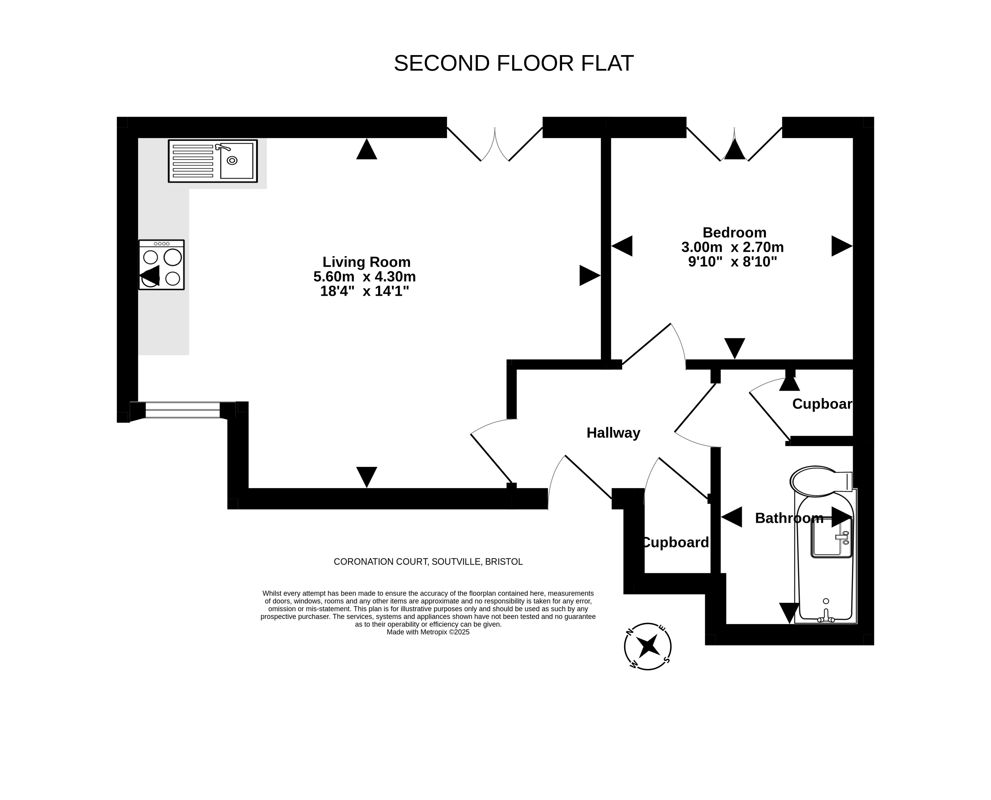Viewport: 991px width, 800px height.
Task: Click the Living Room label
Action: coord(366,262)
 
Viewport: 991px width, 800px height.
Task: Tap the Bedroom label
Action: coord(734,232)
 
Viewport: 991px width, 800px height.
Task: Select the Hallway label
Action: coord(613,433)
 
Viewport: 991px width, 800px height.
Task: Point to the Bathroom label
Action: coord(789,518)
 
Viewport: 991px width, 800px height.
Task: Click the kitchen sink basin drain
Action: coord(232,161)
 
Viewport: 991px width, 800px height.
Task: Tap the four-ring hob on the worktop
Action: coord(161,265)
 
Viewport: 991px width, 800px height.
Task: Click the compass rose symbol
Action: coord(647,646)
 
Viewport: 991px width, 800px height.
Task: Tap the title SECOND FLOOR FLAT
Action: coord(514,63)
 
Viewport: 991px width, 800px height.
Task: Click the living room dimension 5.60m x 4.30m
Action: coord(365,276)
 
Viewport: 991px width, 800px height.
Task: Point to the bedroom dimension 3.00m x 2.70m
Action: coord(732,247)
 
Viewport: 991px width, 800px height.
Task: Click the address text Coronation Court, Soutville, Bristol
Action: coord(428,562)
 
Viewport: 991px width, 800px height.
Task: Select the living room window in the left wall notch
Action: coord(183,410)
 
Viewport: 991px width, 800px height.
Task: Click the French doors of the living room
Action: coord(495,144)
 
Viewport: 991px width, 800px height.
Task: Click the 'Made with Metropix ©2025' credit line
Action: coord(428,632)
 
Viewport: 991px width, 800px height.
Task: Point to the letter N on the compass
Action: coord(629,632)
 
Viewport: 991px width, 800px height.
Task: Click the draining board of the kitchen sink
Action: coord(193,161)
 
